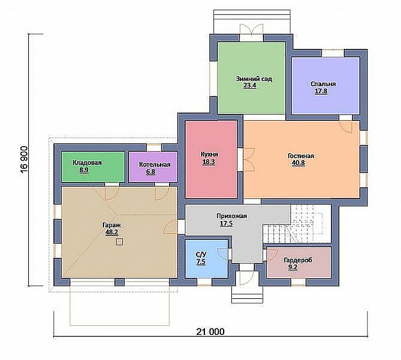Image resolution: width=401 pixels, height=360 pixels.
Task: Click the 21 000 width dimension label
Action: [211, 332]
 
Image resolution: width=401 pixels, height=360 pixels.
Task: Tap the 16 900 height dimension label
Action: [24, 161]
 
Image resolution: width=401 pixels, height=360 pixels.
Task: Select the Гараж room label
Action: [111, 226]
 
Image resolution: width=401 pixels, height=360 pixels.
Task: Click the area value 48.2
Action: [112, 232]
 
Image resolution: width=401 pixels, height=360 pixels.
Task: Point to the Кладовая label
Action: [87, 163]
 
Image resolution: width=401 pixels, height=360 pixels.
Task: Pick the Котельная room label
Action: [154, 165]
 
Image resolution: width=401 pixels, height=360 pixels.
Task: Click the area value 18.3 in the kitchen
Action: [209, 162]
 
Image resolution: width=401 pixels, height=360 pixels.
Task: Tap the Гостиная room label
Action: [301, 156]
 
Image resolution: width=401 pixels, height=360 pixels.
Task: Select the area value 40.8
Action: [298, 163]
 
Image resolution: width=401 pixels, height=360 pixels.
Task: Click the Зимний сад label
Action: [254, 79]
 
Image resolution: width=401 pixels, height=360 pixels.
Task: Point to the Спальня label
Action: [323, 84]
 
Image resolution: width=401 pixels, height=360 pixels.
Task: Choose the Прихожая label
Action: [231, 216]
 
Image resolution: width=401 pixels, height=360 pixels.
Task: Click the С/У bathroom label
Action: [201, 255]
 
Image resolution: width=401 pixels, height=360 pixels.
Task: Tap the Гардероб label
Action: [298, 260]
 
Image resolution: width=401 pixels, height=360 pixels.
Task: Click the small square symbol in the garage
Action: [119, 242]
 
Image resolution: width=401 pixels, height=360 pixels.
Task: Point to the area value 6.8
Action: [151, 172]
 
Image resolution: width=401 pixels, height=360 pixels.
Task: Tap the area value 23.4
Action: [249, 85]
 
